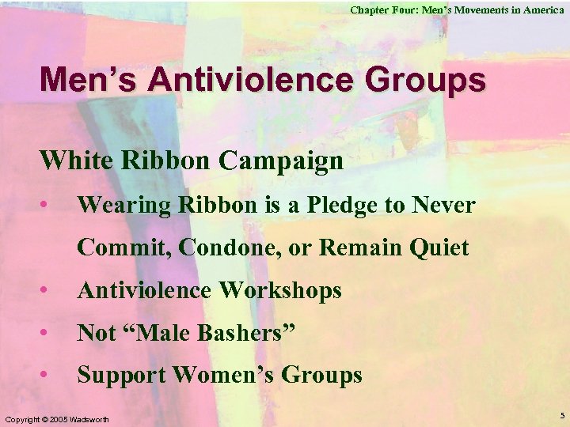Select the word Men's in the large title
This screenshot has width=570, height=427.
87,81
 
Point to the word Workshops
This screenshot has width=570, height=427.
279,291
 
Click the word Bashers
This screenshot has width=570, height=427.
240,334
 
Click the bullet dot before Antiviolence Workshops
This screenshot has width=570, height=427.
50,291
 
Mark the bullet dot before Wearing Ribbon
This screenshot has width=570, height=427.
50,206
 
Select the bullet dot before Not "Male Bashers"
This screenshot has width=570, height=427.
50,334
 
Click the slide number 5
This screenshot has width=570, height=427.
561,416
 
